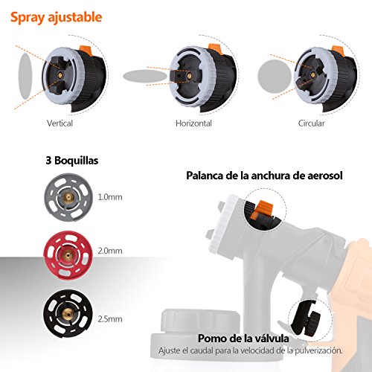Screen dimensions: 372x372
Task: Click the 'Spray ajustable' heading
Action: [57, 18]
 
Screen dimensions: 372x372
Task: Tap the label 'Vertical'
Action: [60, 124]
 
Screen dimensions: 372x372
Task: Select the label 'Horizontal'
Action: [193, 124]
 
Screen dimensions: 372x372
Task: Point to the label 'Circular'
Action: [311, 124]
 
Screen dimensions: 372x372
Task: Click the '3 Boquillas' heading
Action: [72, 161]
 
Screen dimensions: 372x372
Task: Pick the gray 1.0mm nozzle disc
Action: [68, 197]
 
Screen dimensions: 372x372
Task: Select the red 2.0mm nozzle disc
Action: [68, 255]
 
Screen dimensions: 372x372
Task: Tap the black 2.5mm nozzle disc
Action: [68, 313]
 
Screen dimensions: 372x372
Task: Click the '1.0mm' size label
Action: [110, 197]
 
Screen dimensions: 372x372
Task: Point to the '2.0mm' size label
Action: [110, 251]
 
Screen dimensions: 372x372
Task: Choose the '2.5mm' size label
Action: [110, 319]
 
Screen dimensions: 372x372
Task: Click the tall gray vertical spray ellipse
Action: [25, 77]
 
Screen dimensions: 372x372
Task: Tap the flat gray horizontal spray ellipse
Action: [145, 76]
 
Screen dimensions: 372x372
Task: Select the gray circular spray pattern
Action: [275, 76]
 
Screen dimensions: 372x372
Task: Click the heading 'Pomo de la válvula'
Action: [243, 339]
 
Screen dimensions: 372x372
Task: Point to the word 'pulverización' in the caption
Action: [318, 351]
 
